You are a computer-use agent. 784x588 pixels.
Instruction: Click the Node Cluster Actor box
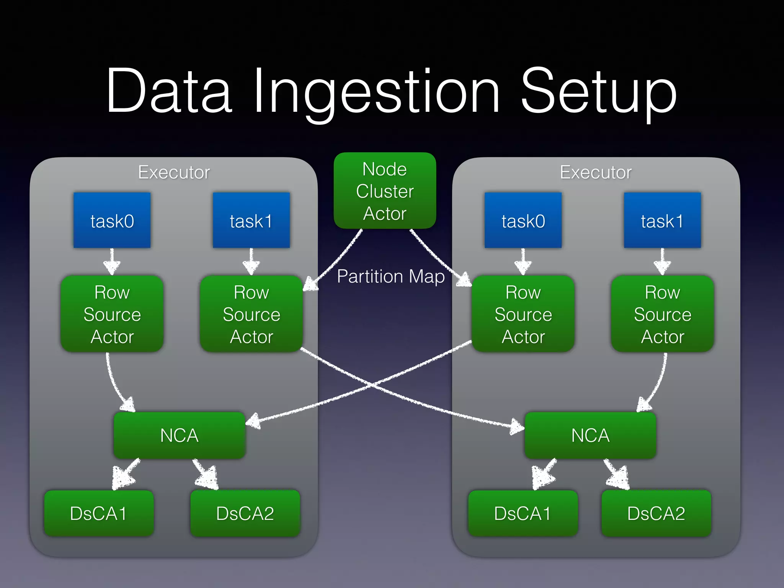385,191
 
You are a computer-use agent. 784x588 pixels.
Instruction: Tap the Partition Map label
390,276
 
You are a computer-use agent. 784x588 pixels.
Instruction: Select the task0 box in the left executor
112,220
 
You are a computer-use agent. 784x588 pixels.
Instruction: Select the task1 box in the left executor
251,220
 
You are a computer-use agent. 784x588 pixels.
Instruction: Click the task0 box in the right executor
523,220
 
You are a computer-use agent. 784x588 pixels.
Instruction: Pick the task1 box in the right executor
662,220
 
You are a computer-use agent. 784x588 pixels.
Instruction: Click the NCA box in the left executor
179,435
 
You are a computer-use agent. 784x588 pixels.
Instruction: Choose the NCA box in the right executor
590,435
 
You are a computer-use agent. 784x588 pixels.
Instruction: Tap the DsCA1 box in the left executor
99,513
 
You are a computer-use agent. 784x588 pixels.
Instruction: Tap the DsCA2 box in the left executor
245,513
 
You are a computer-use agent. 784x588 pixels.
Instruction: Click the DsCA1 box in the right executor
523,513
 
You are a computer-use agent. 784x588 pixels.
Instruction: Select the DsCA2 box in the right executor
656,513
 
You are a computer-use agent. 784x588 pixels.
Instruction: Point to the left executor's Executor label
174,172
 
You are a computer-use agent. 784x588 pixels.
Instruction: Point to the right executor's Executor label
596,172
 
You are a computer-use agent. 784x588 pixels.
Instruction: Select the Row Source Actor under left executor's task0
112,314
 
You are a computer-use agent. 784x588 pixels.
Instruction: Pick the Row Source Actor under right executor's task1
662,314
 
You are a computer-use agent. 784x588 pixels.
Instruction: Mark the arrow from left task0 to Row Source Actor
112,261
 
